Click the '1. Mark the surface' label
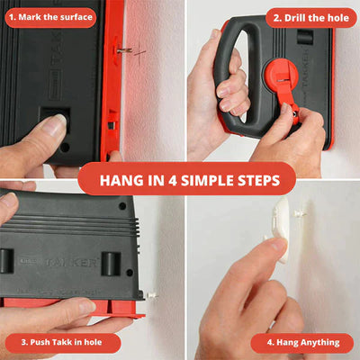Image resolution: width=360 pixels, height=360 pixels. [50, 17]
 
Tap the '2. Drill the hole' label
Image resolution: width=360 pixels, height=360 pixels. [310, 18]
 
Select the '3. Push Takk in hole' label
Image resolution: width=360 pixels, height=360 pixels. [61, 342]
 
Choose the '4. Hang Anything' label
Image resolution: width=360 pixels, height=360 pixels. [303, 343]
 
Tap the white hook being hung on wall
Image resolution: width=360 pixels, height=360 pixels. [282, 228]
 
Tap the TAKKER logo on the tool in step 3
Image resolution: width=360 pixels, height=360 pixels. [71, 262]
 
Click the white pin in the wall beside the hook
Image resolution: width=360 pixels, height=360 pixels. [299, 214]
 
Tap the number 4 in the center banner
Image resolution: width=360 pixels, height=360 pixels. [172, 181]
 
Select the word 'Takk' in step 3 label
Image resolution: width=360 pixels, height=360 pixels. [59, 342]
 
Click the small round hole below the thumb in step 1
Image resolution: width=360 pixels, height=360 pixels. [65, 148]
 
